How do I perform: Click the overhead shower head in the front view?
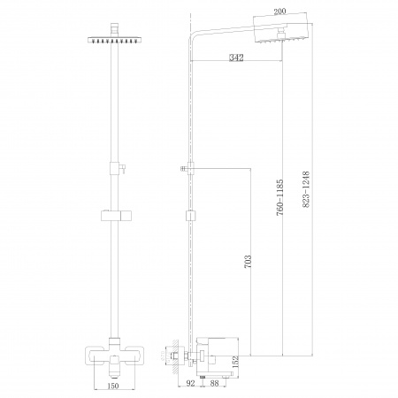click(113, 39)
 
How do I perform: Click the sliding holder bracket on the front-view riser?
click(113, 215)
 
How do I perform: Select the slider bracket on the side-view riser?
click(189, 215)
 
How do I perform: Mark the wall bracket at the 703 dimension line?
click(187, 165)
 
